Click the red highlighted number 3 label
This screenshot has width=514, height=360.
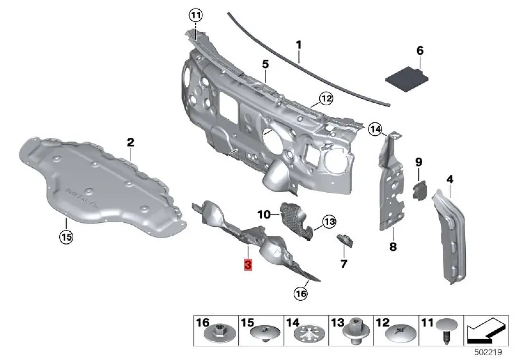(x=248, y=265)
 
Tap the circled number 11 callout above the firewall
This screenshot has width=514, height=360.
(x=195, y=15)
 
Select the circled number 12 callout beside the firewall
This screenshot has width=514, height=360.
(x=326, y=99)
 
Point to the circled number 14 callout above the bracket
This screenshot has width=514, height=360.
(x=375, y=129)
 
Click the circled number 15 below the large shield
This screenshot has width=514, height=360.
(x=66, y=236)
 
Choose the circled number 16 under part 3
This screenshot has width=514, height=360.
(x=300, y=294)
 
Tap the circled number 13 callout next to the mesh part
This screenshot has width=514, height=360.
(x=329, y=221)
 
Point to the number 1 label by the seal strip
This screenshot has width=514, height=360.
(x=298, y=45)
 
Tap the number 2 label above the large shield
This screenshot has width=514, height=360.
(x=131, y=142)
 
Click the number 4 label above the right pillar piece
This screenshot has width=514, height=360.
(x=450, y=179)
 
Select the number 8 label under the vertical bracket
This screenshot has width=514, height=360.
(x=393, y=247)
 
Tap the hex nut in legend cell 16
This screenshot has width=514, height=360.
(x=218, y=333)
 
